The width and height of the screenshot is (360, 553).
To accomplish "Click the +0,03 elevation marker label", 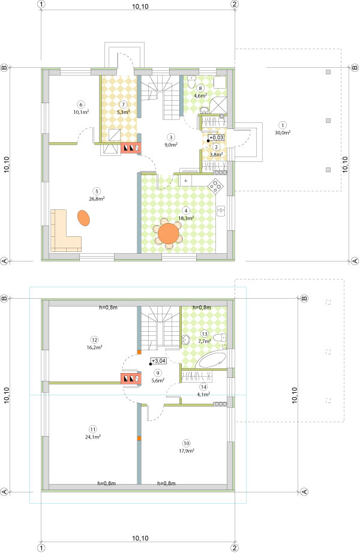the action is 216,137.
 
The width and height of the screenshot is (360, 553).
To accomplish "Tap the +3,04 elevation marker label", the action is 158,361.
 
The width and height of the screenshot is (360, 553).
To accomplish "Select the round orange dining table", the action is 169,233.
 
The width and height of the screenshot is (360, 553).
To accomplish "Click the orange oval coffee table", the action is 83,218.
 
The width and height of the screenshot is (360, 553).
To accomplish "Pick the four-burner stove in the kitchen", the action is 215,185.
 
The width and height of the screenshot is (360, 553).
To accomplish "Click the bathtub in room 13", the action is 211,361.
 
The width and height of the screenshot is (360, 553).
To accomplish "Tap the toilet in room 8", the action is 191,83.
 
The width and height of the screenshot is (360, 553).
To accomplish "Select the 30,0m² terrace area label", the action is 283,133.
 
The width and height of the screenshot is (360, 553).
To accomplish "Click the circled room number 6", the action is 81,104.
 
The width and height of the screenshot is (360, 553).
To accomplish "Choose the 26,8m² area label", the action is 97,199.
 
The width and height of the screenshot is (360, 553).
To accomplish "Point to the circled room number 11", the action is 93,429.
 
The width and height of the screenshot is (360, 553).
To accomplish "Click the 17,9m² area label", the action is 187,450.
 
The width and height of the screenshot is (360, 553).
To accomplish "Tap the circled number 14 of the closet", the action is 203,387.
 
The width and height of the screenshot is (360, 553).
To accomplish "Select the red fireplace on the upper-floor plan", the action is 131,379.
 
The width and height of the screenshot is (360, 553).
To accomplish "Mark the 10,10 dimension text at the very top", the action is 140,7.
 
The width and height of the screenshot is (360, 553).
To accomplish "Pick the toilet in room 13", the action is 221,338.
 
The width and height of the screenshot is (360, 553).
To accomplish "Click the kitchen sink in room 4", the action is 221,211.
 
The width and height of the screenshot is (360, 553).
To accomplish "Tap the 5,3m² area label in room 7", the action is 124,112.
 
